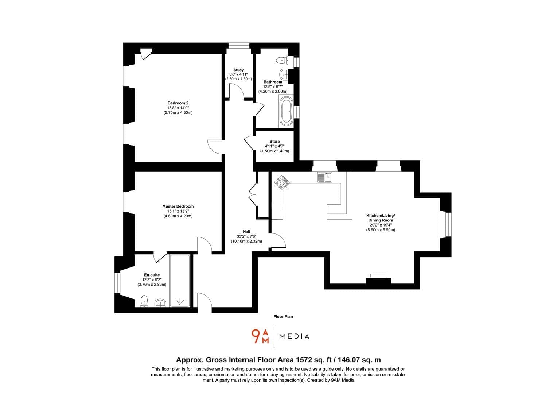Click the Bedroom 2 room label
[x=178, y=103]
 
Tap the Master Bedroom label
[x=178, y=206]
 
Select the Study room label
[x=238, y=70]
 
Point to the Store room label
[x=274, y=142]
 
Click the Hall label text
[x=246, y=231]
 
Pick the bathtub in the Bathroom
[x=286, y=111]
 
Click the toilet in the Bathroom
[x=282, y=60]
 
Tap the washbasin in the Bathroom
[x=284, y=74]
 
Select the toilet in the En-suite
[x=144, y=301]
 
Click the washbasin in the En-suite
[x=160, y=303]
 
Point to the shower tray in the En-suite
[x=180, y=281]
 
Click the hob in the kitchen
[x=282, y=182]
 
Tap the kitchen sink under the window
[x=325, y=177]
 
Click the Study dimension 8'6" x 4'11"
[x=238, y=74]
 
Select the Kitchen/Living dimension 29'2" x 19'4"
[x=381, y=225]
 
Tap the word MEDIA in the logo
[x=294, y=336]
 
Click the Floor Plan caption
[x=283, y=317]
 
